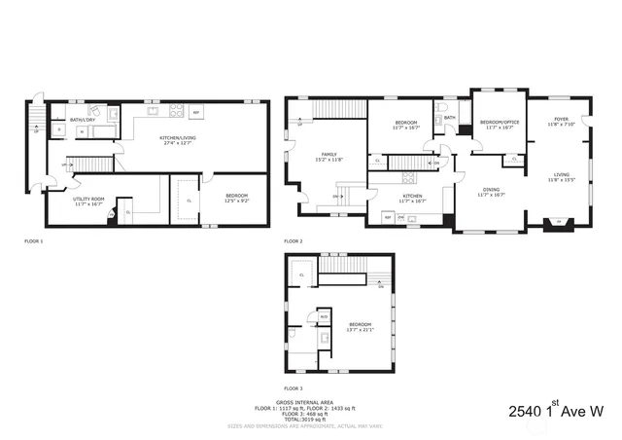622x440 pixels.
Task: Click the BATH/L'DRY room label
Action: (x=81, y=120)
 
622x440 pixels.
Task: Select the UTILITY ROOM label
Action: (x=87, y=201)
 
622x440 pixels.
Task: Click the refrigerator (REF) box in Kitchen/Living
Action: (x=195, y=113)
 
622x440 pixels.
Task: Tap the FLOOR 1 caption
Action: (x=34, y=240)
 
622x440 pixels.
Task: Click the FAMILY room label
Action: (x=329, y=157)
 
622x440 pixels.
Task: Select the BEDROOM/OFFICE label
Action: (x=500, y=124)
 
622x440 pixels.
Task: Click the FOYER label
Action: (x=561, y=122)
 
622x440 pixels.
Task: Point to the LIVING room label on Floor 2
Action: (x=561, y=177)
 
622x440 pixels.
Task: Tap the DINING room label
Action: (x=493, y=193)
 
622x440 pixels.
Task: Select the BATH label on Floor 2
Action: (x=450, y=118)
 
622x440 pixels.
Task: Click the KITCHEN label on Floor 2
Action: (x=414, y=198)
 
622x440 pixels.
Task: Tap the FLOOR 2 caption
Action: (x=294, y=240)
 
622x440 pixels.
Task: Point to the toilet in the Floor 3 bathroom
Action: (x=291, y=334)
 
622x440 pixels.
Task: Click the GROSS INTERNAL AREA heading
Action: (x=310, y=401)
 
